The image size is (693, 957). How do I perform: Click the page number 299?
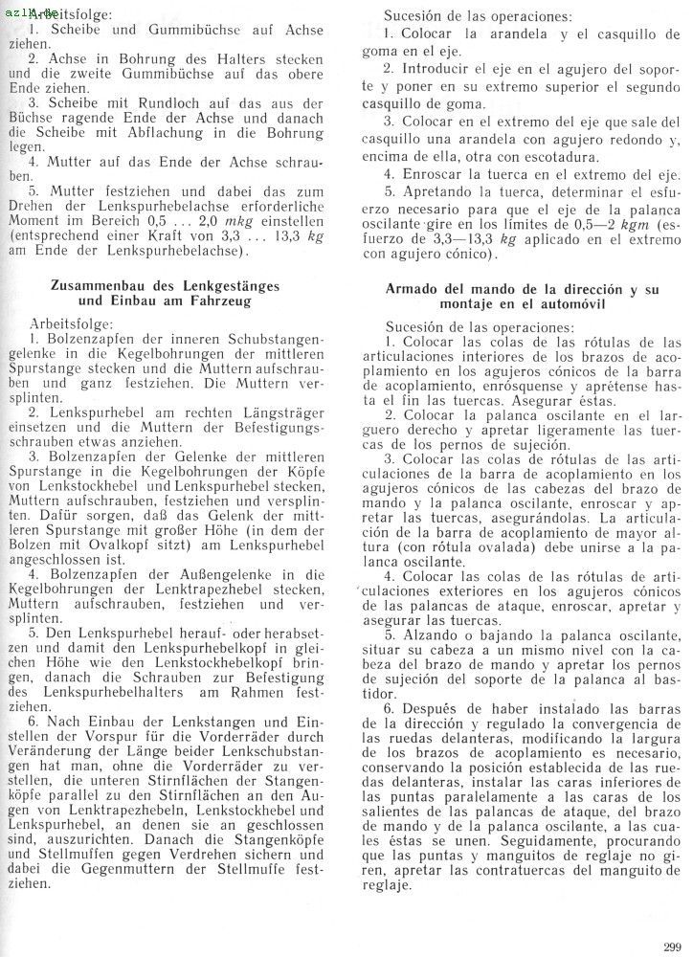pos(672,946)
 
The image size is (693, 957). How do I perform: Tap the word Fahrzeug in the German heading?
pos(221,300)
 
